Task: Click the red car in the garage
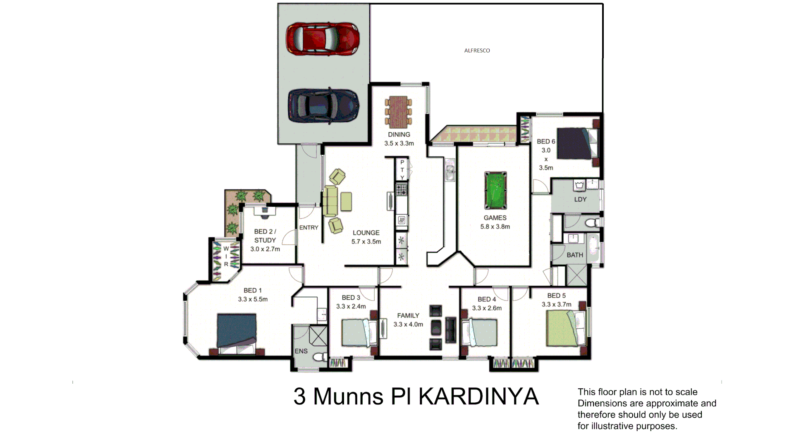323,39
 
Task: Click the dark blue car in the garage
323,105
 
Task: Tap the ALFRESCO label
477,50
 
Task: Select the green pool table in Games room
495,191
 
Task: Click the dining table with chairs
398,112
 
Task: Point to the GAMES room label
495,218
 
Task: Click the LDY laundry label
580,199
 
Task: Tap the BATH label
574,255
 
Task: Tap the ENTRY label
309,228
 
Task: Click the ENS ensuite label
301,351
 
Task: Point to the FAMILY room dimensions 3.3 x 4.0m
408,325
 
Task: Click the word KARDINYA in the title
478,397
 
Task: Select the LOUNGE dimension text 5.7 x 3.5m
366,242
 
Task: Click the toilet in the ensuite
320,357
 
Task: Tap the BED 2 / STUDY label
265,236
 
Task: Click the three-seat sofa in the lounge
330,201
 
